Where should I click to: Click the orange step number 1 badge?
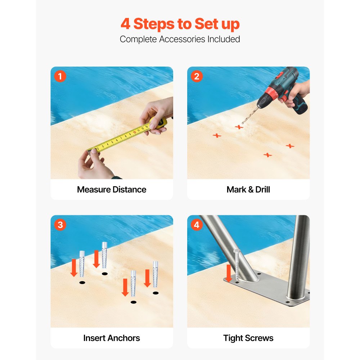60,76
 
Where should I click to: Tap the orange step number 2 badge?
197,76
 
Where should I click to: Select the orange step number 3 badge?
60,225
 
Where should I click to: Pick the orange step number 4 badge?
197,225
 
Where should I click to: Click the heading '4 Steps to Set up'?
180,24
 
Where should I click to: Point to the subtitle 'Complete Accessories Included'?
180,39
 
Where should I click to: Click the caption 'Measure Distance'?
112,190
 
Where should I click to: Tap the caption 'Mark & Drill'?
248,190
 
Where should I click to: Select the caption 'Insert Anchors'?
112,338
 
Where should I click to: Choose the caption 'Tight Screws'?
248,338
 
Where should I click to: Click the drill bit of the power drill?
250,115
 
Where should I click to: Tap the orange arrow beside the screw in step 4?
229,273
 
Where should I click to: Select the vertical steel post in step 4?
299,257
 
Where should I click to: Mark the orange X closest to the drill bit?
239,127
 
